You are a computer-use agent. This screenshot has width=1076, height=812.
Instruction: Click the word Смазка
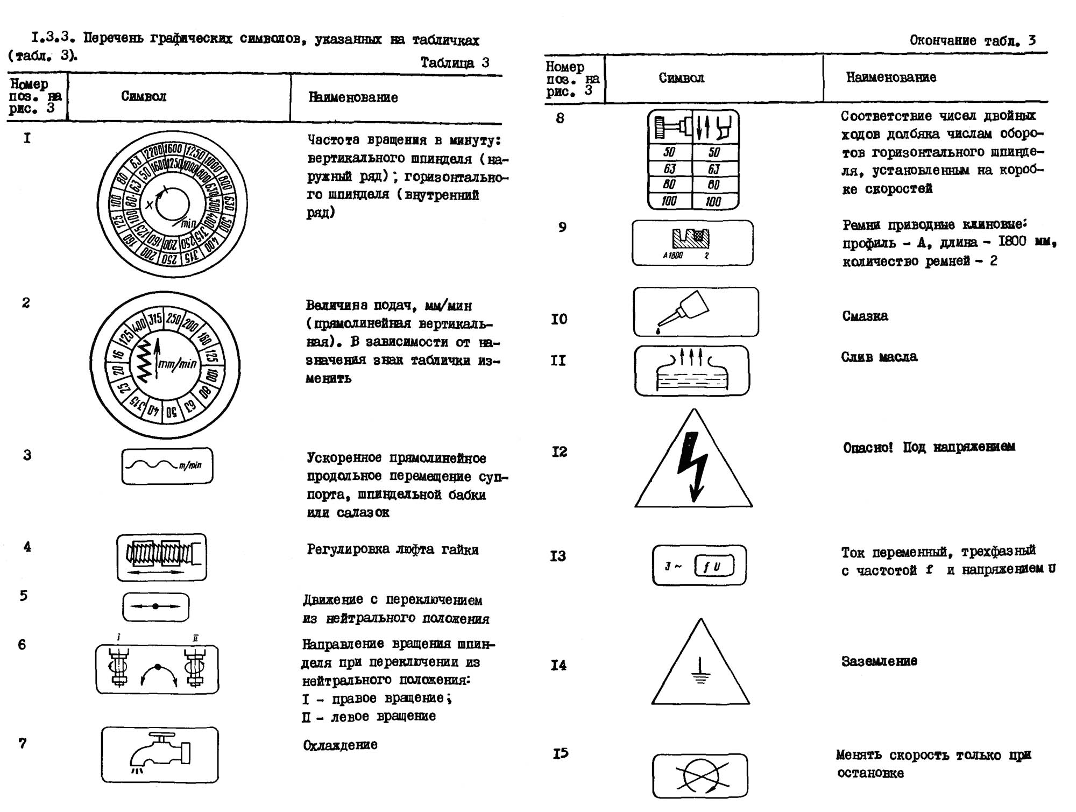[865, 316]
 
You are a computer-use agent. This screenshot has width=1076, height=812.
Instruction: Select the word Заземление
[879, 661]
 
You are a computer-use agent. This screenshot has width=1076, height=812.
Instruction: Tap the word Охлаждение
[340, 745]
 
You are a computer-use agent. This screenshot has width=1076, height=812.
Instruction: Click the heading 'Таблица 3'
[455, 63]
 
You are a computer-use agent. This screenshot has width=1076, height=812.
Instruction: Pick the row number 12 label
[559, 451]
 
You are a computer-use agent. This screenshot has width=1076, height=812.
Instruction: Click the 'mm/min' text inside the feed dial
[178, 364]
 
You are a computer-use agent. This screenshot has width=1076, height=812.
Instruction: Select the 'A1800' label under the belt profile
[672, 256]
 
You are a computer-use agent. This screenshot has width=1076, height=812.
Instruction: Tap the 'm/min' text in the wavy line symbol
[190, 465]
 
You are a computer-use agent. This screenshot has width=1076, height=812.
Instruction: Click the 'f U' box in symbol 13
[713, 566]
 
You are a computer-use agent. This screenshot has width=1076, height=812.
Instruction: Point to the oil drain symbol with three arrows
[692, 370]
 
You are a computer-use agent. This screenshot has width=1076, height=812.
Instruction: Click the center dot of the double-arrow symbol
[155, 606]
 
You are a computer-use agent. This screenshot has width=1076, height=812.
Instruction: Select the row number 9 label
[562, 227]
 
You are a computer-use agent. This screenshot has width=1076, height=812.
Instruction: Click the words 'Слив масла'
[879, 357]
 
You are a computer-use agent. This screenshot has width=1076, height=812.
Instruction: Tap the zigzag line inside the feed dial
[143, 360]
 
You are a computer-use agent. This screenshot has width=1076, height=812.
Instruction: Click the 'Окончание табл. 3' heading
[972, 40]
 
